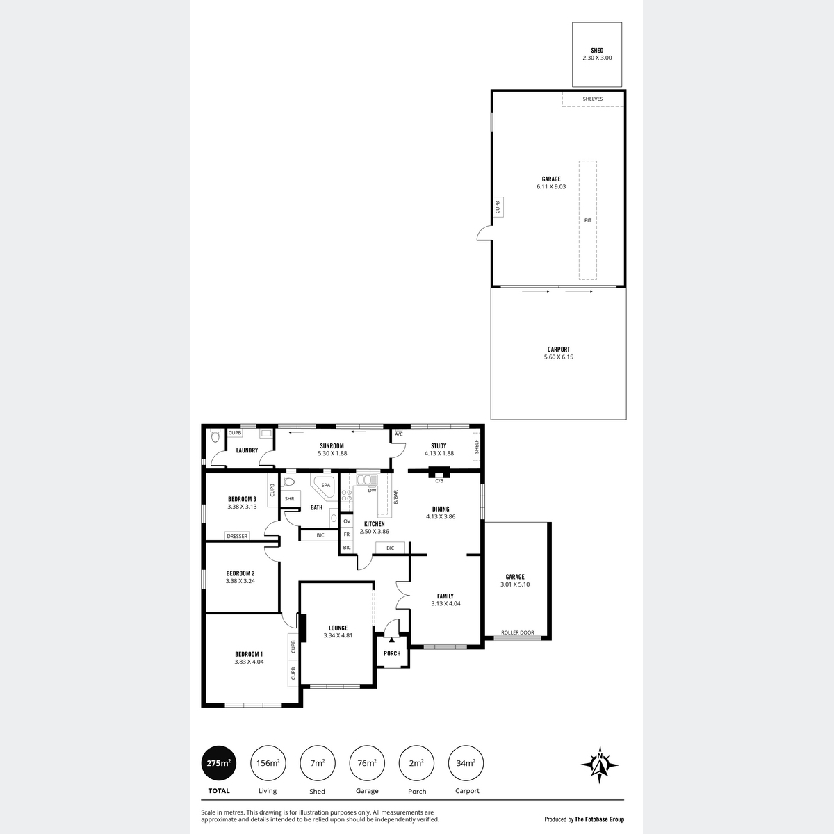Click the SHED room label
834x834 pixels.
tap(597, 50)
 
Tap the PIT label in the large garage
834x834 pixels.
tap(588, 220)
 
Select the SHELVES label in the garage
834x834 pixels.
tap(593, 99)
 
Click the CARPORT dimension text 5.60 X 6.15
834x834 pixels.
tap(558, 357)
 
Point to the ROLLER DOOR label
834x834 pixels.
tap(518, 632)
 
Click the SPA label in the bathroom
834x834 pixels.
tap(325, 485)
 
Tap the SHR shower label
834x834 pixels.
tap(290, 498)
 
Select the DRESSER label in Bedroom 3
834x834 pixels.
tap(237, 536)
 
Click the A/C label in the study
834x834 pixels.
tap(399, 434)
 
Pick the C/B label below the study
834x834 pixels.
tap(439, 480)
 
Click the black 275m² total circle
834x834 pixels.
tap(218, 763)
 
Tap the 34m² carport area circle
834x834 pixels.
tap(466, 763)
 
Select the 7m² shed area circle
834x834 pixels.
tap(317, 763)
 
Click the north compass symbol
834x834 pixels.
tap(599, 764)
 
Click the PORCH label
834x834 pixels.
tap(392, 653)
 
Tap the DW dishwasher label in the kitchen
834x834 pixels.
tap(373, 491)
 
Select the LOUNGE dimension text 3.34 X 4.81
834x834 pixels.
tap(338, 635)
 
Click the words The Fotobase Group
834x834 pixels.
tap(599, 819)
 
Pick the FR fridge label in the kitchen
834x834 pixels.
tap(347, 534)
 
